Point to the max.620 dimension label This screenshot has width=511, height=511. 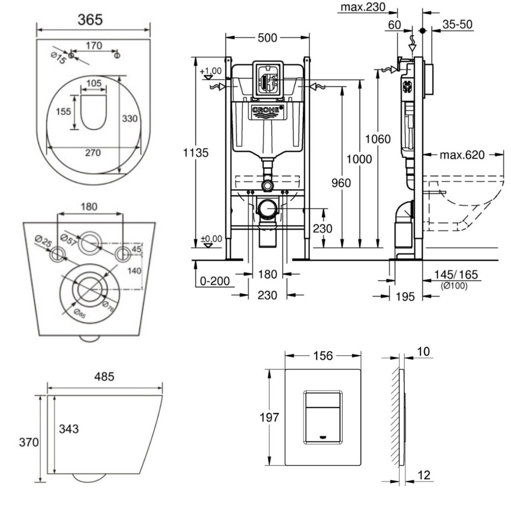click(x=461, y=155)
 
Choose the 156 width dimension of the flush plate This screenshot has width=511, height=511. click(x=322, y=356)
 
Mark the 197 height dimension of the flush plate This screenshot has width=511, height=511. click(x=267, y=417)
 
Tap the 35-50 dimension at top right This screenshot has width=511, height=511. click(x=457, y=25)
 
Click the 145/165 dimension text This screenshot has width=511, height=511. click(x=456, y=275)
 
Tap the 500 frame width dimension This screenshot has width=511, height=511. click(x=267, y=38)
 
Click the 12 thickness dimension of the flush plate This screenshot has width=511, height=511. click(x=424, y=475)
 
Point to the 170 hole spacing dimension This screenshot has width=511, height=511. click(x=94, y=45)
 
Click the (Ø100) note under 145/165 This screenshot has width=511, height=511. click(x=453, y=285)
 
